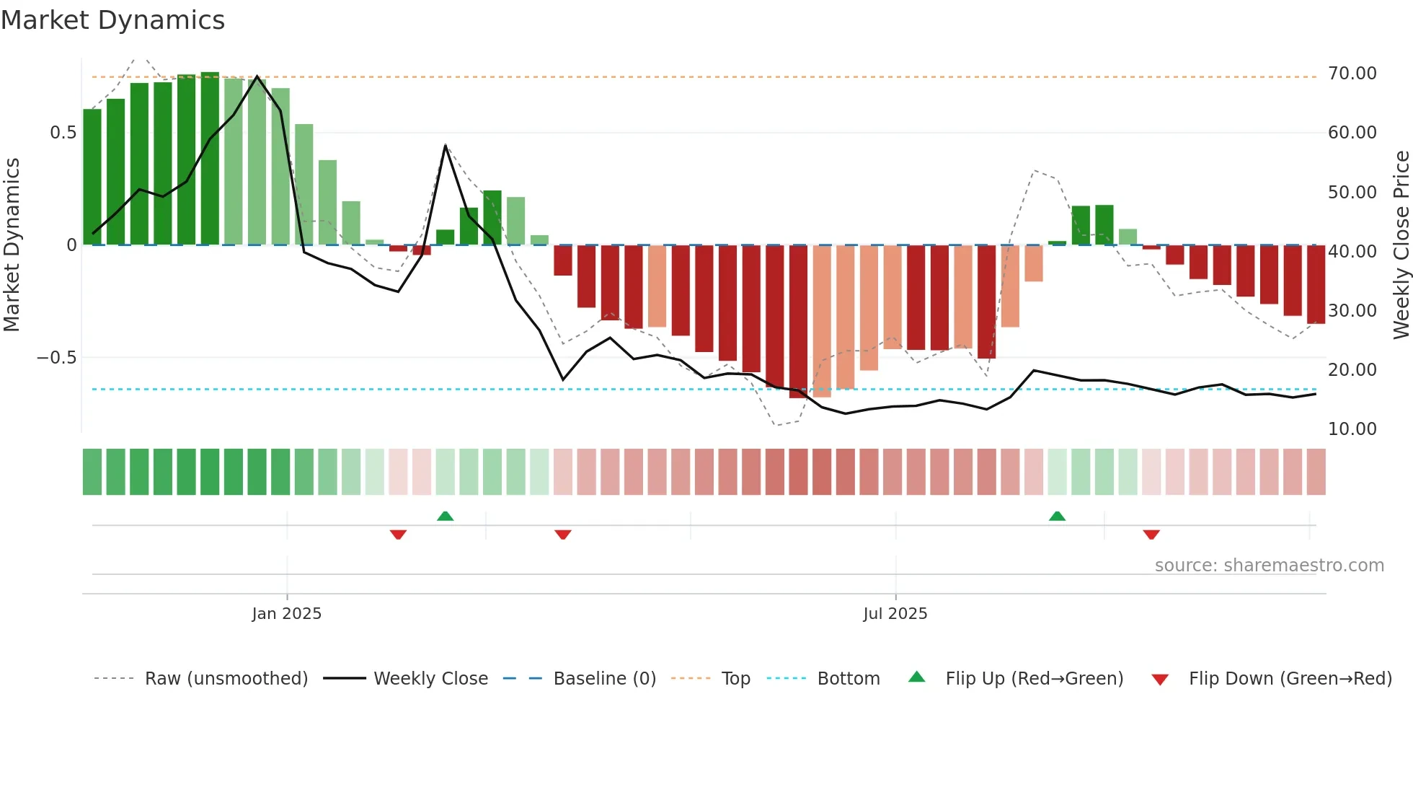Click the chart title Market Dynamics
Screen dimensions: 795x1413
coord(113,20)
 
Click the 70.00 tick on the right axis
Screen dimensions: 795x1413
coord(1352,74)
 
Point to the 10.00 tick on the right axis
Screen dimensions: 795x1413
coord(1352,429)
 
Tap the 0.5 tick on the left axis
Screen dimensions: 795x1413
coord(63,133)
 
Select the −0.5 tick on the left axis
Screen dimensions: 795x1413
coord(57,358)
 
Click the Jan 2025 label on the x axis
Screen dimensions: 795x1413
coord(287,614)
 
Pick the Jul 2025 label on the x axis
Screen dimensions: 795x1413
coord(895,614)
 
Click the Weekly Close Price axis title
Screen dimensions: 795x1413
coord(1401,245)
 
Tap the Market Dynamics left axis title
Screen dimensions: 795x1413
coord(12,245)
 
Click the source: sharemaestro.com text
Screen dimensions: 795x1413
coord(1269,566)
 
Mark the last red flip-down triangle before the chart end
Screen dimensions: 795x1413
coord(1151,535)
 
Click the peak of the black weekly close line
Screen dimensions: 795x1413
coord(257,76)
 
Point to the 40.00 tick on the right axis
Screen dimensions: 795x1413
coord(1352,252)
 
